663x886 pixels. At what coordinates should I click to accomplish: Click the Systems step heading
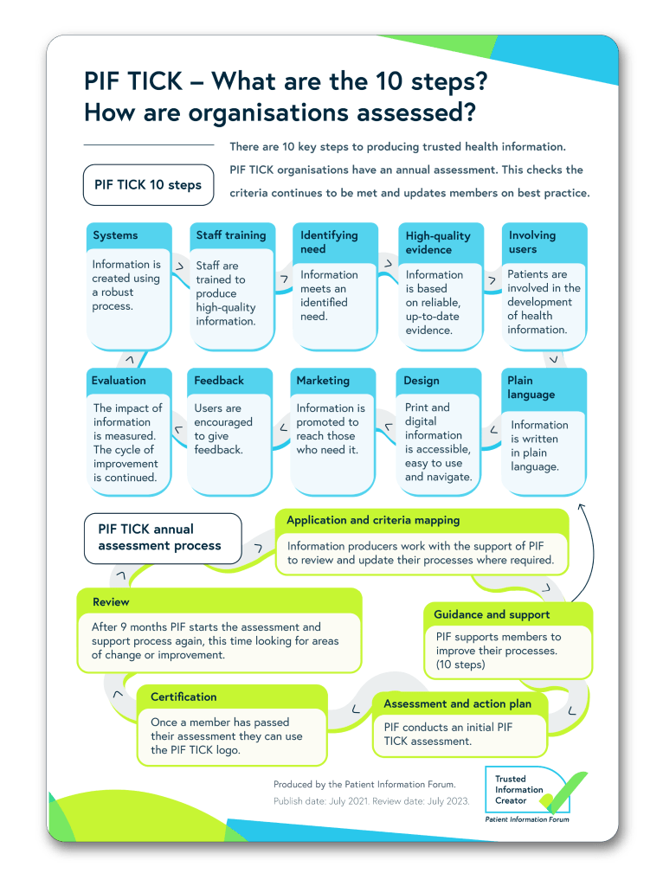115,235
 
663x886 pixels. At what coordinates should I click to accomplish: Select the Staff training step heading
230,235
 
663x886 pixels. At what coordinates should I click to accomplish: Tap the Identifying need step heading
329,242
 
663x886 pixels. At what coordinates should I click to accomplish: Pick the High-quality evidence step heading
438,242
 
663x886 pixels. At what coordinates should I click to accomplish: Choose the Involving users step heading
532,242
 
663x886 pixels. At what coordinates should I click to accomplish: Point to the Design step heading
422,381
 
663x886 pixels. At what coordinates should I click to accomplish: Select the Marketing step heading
323,381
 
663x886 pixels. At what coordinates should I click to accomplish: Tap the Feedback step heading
219,381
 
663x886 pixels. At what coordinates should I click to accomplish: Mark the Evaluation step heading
119,381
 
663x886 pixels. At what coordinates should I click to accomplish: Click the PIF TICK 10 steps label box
148,185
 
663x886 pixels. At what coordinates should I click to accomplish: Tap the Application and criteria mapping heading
373,521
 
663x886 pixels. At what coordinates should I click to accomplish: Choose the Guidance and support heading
492,614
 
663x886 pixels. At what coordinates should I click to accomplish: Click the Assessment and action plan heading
458,704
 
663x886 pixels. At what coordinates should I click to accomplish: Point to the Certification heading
183,697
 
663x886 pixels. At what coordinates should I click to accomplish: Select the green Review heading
112,601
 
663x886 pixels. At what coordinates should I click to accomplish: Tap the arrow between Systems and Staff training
179,267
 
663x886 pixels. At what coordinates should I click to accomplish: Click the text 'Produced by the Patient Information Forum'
364,784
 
